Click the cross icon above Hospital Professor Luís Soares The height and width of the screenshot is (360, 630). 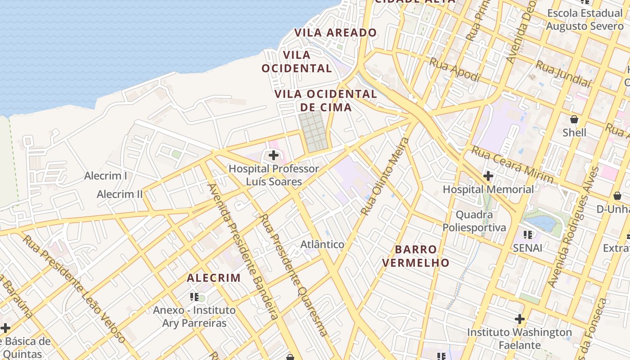pyautogui.click(x=273, y=156)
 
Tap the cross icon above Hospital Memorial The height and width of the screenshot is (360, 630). pyautogui.click(x=488, y=176)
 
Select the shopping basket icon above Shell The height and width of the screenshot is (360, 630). pyautogui.click(x=574, y=119)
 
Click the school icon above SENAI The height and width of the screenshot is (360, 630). pyautogui.click(x=528, y=234)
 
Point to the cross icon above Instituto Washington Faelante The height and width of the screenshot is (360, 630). pyautogui.click(x=520, y=319)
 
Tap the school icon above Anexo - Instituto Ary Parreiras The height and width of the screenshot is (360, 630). pyautogui.click(x=194, y=297)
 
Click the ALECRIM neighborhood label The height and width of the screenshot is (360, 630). pyautogui.click(x=214, y=278)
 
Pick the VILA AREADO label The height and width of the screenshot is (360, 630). pyautogui.click(x=335, y=32)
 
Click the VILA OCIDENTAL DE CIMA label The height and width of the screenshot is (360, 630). pyautogui.click(x=326, y=100)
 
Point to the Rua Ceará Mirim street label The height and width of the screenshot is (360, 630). pyautogui.click(x=512, y=164)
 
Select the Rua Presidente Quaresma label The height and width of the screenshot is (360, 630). pyautogui.click(x=293, y=274)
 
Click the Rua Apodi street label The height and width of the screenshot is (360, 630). pyautogui.click(x=454, y=70)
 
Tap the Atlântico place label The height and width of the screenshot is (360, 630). pyautogui.click(x=322, y=245)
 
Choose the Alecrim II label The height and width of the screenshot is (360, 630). pyautogui.click(x=120, y=194)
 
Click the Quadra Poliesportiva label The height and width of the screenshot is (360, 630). pyautogui.click(x=474, y=220)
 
